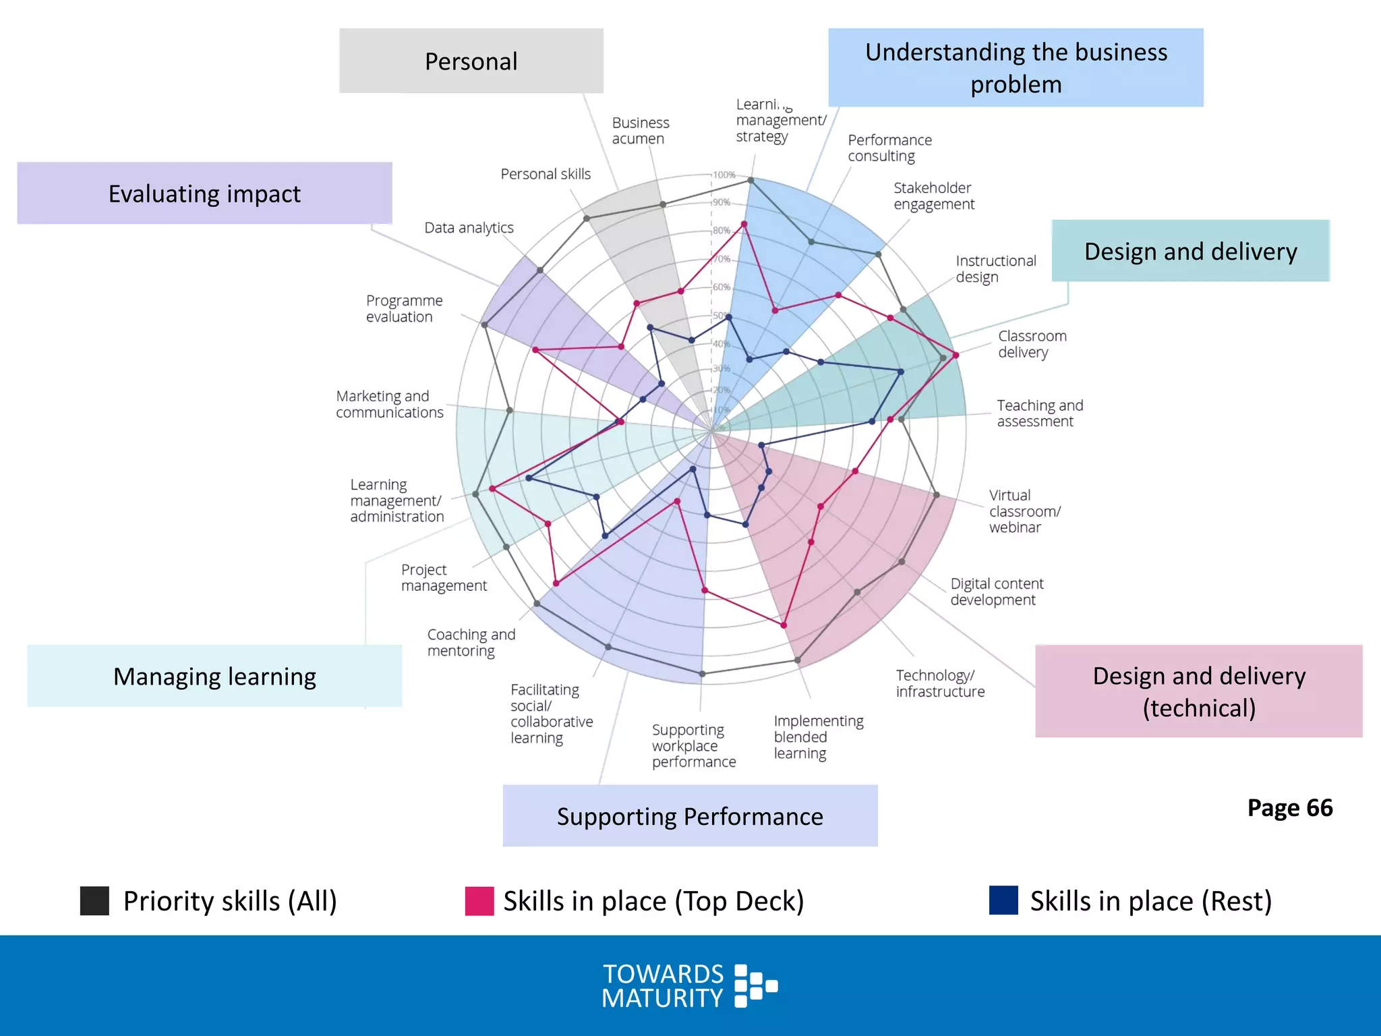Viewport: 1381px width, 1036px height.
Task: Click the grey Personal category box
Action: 471,61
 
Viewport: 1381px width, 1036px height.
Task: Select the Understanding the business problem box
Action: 1016,67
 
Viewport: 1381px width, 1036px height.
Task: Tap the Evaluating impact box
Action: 204,194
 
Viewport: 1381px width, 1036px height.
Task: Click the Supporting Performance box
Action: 690,816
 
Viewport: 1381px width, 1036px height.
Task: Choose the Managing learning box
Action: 214,676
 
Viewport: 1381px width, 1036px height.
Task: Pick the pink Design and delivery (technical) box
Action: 1198,691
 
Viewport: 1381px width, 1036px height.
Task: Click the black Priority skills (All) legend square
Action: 94,901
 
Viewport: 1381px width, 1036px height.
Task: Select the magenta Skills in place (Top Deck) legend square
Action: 479,901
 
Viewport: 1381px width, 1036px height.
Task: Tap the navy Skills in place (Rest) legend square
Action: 1003,901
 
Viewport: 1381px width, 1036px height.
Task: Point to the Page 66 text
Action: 1289,807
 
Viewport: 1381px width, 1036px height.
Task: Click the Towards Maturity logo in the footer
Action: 690,985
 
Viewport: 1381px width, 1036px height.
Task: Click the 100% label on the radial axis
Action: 724,175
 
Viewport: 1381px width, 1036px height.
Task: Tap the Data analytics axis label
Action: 469,228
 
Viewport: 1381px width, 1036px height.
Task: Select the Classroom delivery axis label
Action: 1032,344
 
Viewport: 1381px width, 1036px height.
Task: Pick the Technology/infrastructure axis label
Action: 939,683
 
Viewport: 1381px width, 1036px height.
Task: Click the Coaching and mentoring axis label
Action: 471,642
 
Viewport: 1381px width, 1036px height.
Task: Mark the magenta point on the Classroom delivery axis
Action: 956,355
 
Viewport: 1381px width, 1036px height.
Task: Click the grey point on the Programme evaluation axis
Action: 484,325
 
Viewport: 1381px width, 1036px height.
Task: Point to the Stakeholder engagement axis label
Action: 933,196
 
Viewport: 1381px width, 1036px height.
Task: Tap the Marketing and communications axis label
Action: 389,404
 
